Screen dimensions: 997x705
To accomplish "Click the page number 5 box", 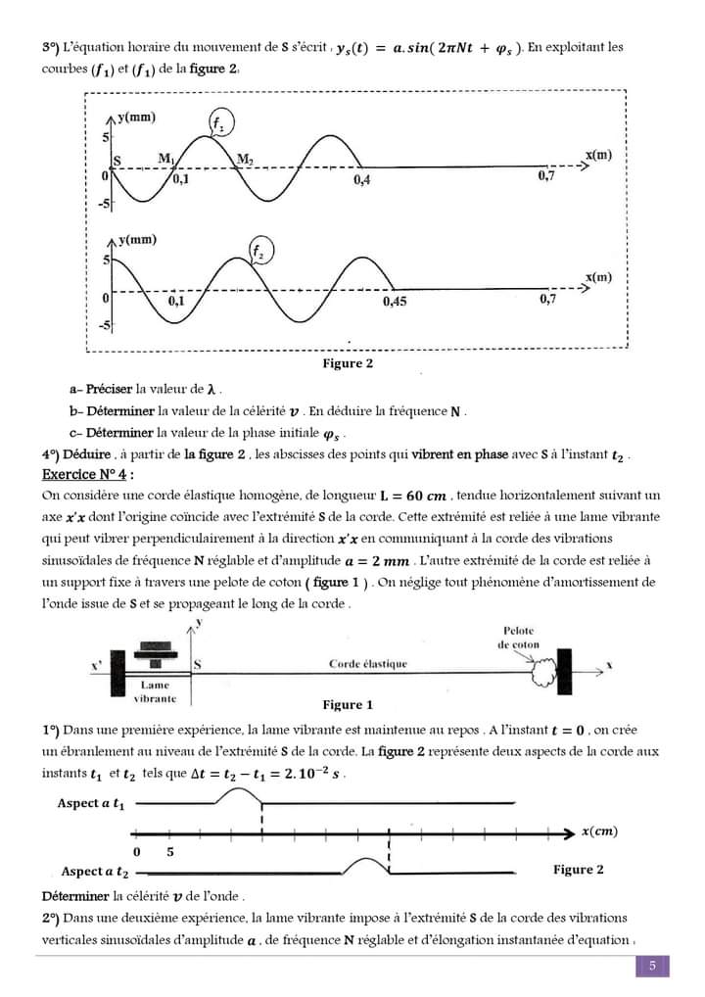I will click(651, 967).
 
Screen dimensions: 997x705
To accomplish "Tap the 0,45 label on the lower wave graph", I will click(395, 302).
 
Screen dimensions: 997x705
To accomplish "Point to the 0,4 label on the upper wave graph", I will click(362, 180).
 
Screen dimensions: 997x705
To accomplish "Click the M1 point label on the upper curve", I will click(165, 159).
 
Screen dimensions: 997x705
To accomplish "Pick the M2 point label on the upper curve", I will click(244, 159).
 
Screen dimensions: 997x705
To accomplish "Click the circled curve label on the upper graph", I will click(219, 123).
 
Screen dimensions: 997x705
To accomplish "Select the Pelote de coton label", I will click(519, 638).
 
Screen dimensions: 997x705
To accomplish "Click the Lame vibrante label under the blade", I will click(155, 692).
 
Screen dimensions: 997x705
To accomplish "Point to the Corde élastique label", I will click(367, 664).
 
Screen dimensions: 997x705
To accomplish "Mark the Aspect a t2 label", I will click(95, 871).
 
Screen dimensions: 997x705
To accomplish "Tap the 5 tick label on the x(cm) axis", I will click(170, 851).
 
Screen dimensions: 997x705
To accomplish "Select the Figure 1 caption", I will click(348, 704).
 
